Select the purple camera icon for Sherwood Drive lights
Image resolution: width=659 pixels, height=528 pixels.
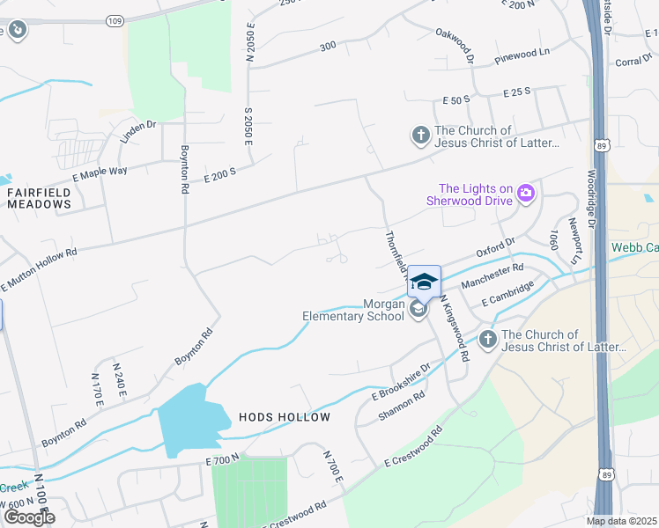click(526, 194)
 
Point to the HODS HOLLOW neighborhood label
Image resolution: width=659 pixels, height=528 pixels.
click(284, 417)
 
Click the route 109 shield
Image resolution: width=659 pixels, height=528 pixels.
click(115, 18)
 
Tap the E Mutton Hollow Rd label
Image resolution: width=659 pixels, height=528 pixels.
click(39, 268)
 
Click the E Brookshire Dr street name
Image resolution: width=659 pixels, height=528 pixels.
click(401, 380)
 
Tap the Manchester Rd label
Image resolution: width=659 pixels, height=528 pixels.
click(492, 274)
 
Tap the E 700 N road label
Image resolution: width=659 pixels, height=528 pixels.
click(222, 460)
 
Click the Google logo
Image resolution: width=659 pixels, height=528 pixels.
click(29, 517)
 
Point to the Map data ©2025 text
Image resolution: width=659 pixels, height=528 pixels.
click(621, 521)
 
